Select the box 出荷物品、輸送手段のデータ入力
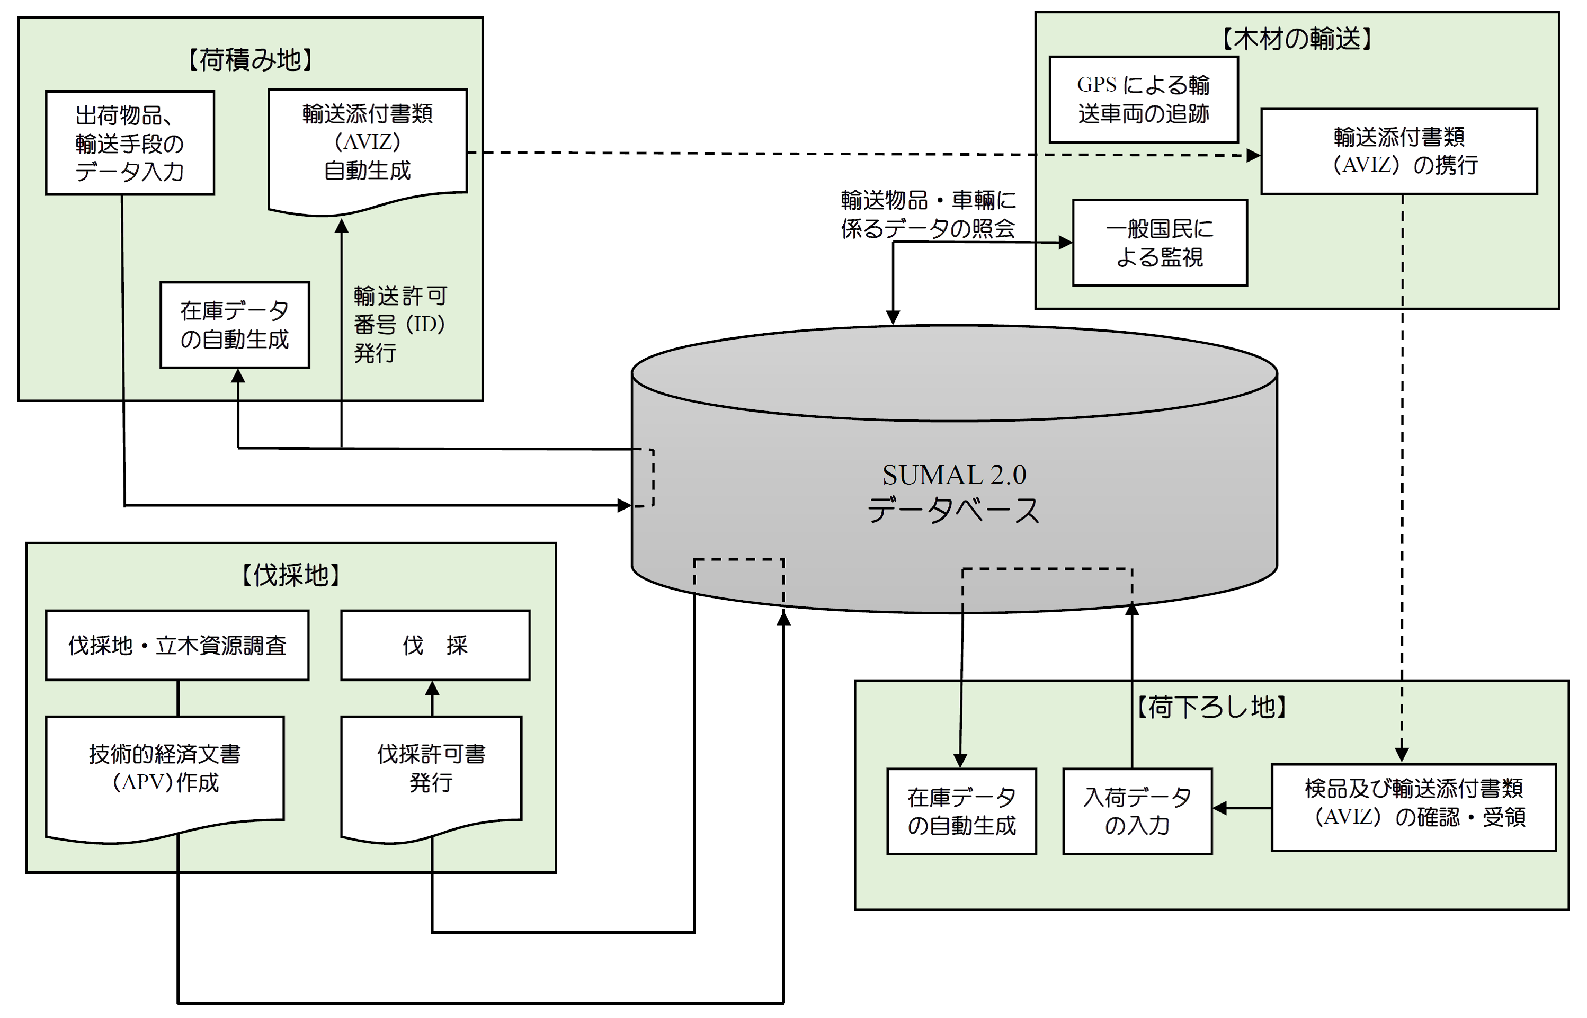130,143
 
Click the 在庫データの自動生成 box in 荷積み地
235,325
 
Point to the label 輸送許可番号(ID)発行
400,324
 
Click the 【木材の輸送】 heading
1296,38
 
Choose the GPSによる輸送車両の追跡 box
1144,99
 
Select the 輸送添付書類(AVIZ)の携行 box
1398,151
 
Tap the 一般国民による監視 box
1160,243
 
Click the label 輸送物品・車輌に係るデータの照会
928,214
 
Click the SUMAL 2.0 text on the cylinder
954,475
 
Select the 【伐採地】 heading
291,575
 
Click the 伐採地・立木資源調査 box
177,645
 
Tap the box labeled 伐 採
435,645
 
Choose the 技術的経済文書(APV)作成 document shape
165,769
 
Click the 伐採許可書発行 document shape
431,769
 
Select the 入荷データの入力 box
1137,811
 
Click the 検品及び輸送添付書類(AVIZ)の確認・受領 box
1413,803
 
